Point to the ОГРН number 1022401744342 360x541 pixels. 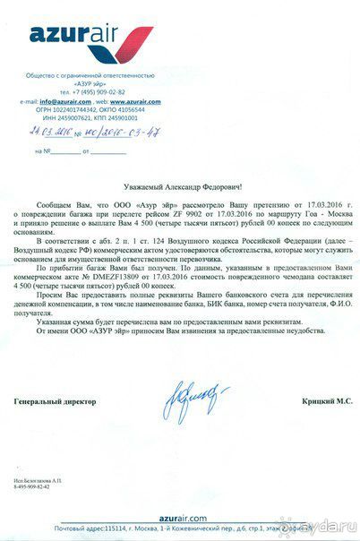pos(73,109)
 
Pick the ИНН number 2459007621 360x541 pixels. pos(73,117)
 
